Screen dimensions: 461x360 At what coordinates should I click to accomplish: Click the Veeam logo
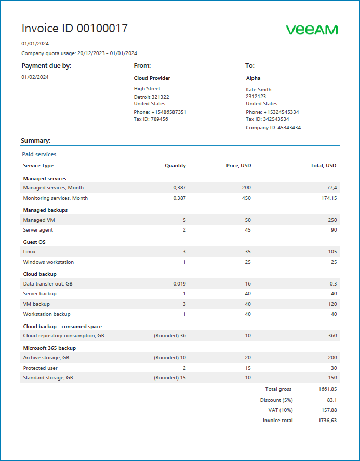tap(312, 30)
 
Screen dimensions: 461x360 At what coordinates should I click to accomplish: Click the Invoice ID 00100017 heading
tap(74, 29)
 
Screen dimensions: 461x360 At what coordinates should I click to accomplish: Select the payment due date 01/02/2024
tap(35, 77)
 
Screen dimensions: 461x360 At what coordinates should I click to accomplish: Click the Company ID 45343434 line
tap(273, 127)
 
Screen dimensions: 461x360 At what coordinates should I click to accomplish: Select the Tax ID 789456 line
tap(151, 119)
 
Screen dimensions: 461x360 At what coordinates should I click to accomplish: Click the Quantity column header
tap(175, 166)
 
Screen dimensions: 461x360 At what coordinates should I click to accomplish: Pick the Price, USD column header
tap(239, 166)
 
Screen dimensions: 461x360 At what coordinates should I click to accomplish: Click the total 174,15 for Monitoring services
tap(328, 198)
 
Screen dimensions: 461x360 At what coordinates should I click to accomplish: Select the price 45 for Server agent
tap(248, 230)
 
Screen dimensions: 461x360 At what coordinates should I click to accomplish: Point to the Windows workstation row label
tap(48, 262)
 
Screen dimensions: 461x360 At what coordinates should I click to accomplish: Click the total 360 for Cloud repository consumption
tap(331, 336)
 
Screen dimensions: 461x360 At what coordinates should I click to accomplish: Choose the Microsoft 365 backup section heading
tap(49, 348)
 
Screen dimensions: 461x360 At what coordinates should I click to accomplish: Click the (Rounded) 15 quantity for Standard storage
tap(170, 378)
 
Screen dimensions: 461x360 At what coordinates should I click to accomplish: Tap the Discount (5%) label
tap(276, 400)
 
